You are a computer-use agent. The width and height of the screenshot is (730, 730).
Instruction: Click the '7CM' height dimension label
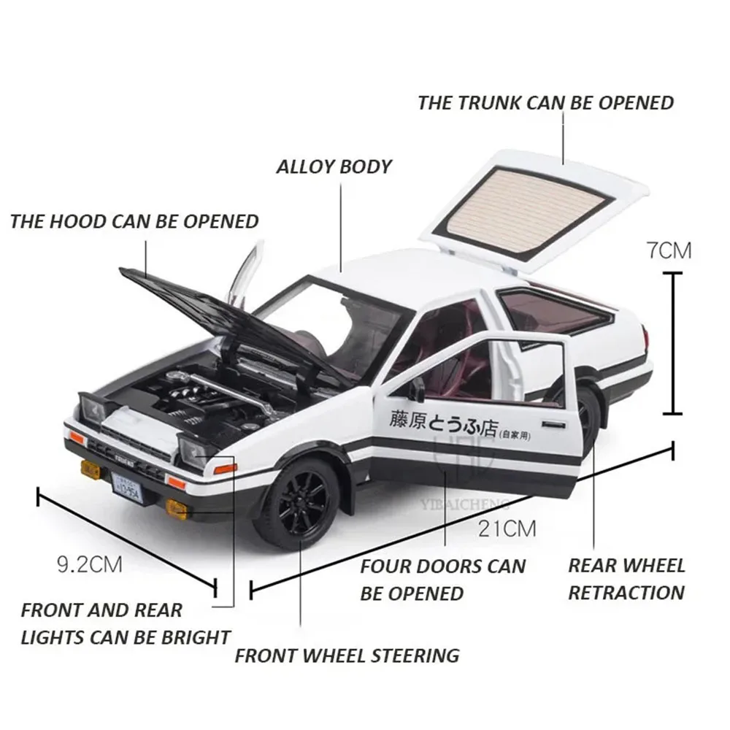(x=668, y=251)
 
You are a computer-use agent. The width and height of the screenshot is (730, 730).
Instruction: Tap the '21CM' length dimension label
(x=507, y=528)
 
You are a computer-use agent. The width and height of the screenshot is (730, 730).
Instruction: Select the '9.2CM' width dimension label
(x=89, y=564)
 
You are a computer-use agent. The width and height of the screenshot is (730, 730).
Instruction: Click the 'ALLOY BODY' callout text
(x=334, y=166)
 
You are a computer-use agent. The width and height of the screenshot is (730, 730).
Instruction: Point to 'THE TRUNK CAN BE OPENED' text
(x=545, y=103)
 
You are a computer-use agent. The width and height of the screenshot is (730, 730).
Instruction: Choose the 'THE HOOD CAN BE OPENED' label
(x=134, y=220)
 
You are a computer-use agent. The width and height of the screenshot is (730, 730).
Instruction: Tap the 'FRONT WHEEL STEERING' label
(x=347, y=655)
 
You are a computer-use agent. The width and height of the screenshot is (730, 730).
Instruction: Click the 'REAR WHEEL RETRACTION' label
(x=626, y=578)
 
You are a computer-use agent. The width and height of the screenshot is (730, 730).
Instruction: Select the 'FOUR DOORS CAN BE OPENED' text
(x=442, y=578)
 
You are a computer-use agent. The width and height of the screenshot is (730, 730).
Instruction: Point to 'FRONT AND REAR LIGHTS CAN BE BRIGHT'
(x=126, y=623)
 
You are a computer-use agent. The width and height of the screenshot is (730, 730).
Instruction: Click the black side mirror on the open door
(x=417, y=391)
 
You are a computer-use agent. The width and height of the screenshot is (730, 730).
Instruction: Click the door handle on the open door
(x=558, y=423)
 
